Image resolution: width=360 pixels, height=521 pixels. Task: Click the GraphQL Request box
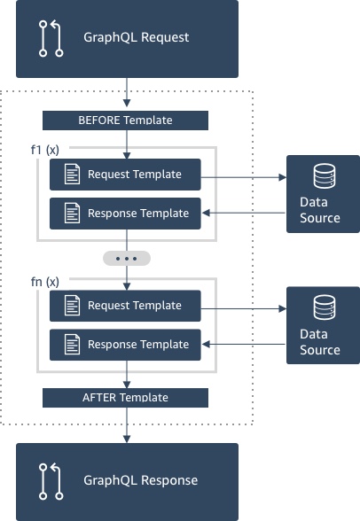tap(128, 38)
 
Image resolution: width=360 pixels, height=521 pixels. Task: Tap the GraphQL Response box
tap(128, 481)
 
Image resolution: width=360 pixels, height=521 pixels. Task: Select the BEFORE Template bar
tap(126, 121)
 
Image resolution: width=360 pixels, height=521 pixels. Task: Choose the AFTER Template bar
tap(126, 398)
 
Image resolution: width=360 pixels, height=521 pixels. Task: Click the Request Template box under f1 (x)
tap(126, 175)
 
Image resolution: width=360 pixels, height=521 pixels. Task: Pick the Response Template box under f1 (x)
tap(126, 213)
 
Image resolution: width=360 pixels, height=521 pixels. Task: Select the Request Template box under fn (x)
tap(126, 306)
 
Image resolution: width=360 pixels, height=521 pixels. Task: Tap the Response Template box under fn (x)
tap(126, 344)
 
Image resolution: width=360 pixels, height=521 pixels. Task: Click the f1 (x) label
tap(45, 150)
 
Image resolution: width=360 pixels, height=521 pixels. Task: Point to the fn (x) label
tap(45, 282)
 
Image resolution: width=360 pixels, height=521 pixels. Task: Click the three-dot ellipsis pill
tap(127, 259)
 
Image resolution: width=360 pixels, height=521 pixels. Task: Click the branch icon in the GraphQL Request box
tap(51, 39)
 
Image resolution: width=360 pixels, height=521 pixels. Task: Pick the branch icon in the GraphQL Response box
tap(51, 481)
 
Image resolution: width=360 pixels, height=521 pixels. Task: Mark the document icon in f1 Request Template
tap(72, 175)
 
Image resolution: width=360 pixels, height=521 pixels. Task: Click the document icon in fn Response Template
tap(72, 345)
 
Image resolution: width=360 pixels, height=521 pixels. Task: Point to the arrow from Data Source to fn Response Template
tap(244, 345)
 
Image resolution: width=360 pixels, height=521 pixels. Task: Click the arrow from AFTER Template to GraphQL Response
tap(127, 424)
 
